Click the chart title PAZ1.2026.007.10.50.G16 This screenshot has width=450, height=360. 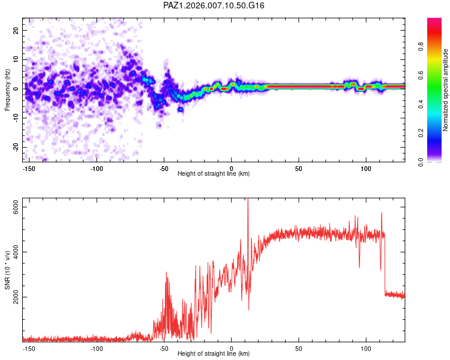tap(214, 5)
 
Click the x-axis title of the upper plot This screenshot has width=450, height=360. tap(214, 173)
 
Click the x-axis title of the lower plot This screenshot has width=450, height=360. tap(214, 353)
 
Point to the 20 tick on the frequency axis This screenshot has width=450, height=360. tap(16, 30)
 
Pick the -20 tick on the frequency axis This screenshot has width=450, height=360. tap(16, 148)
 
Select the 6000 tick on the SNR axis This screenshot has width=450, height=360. tap(16, 207)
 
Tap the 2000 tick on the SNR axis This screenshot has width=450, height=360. tap(16, 297)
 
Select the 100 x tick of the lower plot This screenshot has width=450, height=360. tap(365, 347)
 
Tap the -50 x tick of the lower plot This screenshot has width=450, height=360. tap(164, 347)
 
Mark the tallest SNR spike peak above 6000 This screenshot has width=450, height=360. tap(248, 200)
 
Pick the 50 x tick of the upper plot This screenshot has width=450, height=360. tap(298, 168)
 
